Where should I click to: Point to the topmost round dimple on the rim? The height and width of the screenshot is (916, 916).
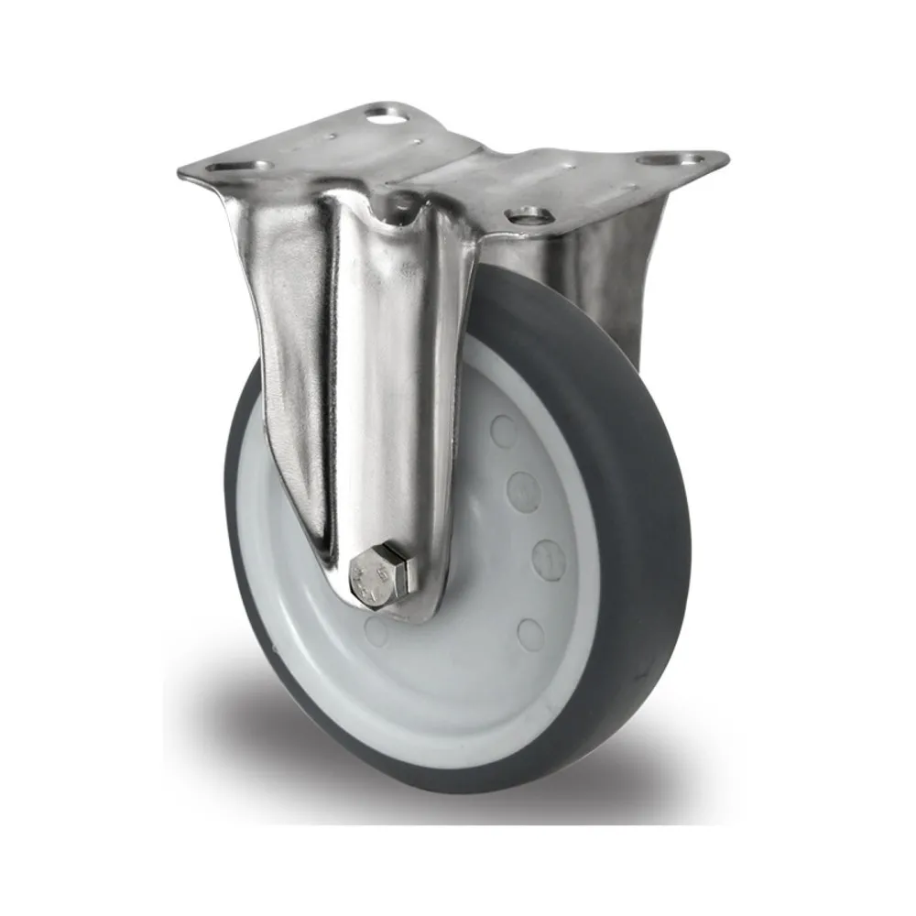click(503, 431)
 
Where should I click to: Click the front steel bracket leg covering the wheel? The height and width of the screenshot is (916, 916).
click(385, 385)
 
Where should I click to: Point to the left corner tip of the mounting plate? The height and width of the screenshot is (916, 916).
click(183, 172)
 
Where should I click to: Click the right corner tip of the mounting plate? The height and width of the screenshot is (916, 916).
click(724, 158)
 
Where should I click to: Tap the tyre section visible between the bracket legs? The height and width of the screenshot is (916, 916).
click(513, 293)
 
